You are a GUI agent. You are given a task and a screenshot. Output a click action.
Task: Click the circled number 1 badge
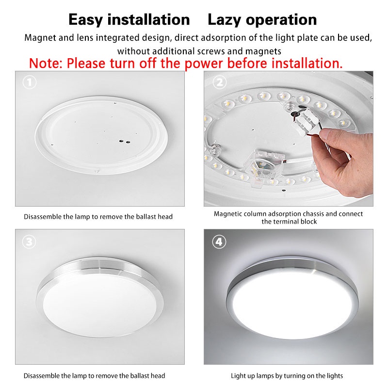(30, 82)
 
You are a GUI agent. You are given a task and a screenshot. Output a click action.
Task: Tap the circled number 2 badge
(220, 82)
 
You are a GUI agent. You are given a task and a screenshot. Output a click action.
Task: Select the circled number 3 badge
(29, 242)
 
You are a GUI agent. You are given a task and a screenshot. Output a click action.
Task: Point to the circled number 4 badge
(219, 242)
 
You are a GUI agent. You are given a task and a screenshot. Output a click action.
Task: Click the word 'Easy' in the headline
(86, 20)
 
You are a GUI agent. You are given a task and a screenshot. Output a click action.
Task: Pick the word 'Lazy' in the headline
(224, 20)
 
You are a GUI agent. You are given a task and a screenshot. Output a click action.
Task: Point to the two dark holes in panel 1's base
(125, 142)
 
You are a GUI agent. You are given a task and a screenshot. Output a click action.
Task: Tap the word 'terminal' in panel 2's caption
(285, 222)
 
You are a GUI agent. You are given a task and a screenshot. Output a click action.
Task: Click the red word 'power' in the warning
(204, 64)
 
